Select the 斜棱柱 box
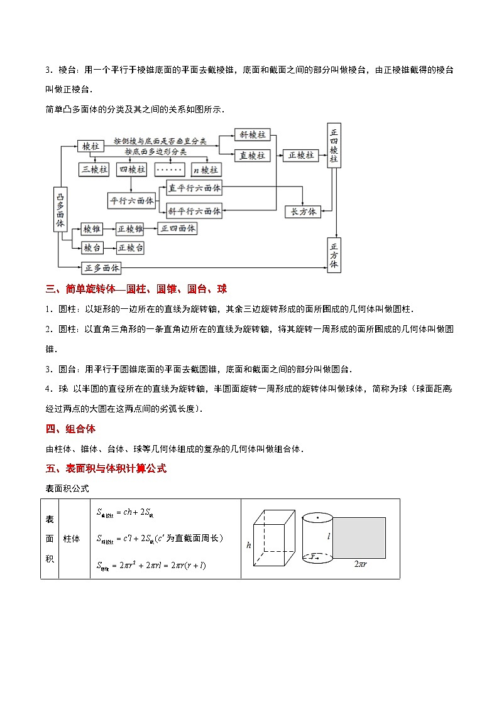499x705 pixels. (253, 135)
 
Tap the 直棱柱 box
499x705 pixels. (253, 155)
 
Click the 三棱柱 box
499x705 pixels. (94, 170)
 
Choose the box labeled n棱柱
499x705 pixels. (206, 170)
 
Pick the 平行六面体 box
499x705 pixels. (132, 201)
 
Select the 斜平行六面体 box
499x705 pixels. (195, 211)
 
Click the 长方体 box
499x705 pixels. (303, 212)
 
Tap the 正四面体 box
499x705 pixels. (178, 229)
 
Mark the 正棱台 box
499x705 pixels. (131, 248)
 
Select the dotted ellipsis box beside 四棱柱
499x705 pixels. (168, 170)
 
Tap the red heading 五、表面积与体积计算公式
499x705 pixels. (106, 468)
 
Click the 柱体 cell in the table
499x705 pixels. (72, 539)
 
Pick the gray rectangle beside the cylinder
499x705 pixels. (359, 538)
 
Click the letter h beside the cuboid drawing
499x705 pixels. (249, 546)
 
